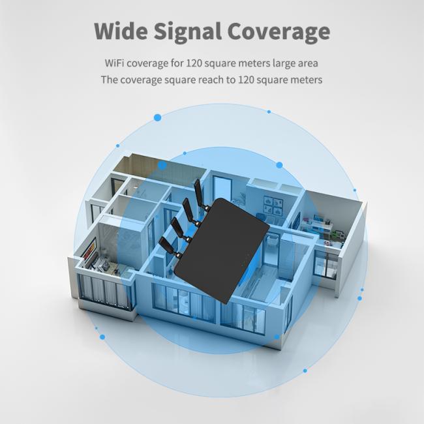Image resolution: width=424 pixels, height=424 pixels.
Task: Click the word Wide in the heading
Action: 121,31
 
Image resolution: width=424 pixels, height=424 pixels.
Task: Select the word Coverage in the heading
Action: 279,33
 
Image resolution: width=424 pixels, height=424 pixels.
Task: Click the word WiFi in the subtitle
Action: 114,63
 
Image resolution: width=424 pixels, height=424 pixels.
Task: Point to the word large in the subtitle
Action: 283,63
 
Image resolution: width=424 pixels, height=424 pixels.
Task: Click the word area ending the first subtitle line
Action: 308,63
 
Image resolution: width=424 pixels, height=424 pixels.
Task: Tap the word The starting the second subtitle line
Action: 109,80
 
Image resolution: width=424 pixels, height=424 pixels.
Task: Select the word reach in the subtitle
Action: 211,80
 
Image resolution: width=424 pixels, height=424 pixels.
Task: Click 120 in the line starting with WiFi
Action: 194,63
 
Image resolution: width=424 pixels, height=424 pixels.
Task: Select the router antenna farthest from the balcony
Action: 200,193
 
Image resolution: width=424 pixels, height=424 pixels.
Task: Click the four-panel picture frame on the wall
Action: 273,205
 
